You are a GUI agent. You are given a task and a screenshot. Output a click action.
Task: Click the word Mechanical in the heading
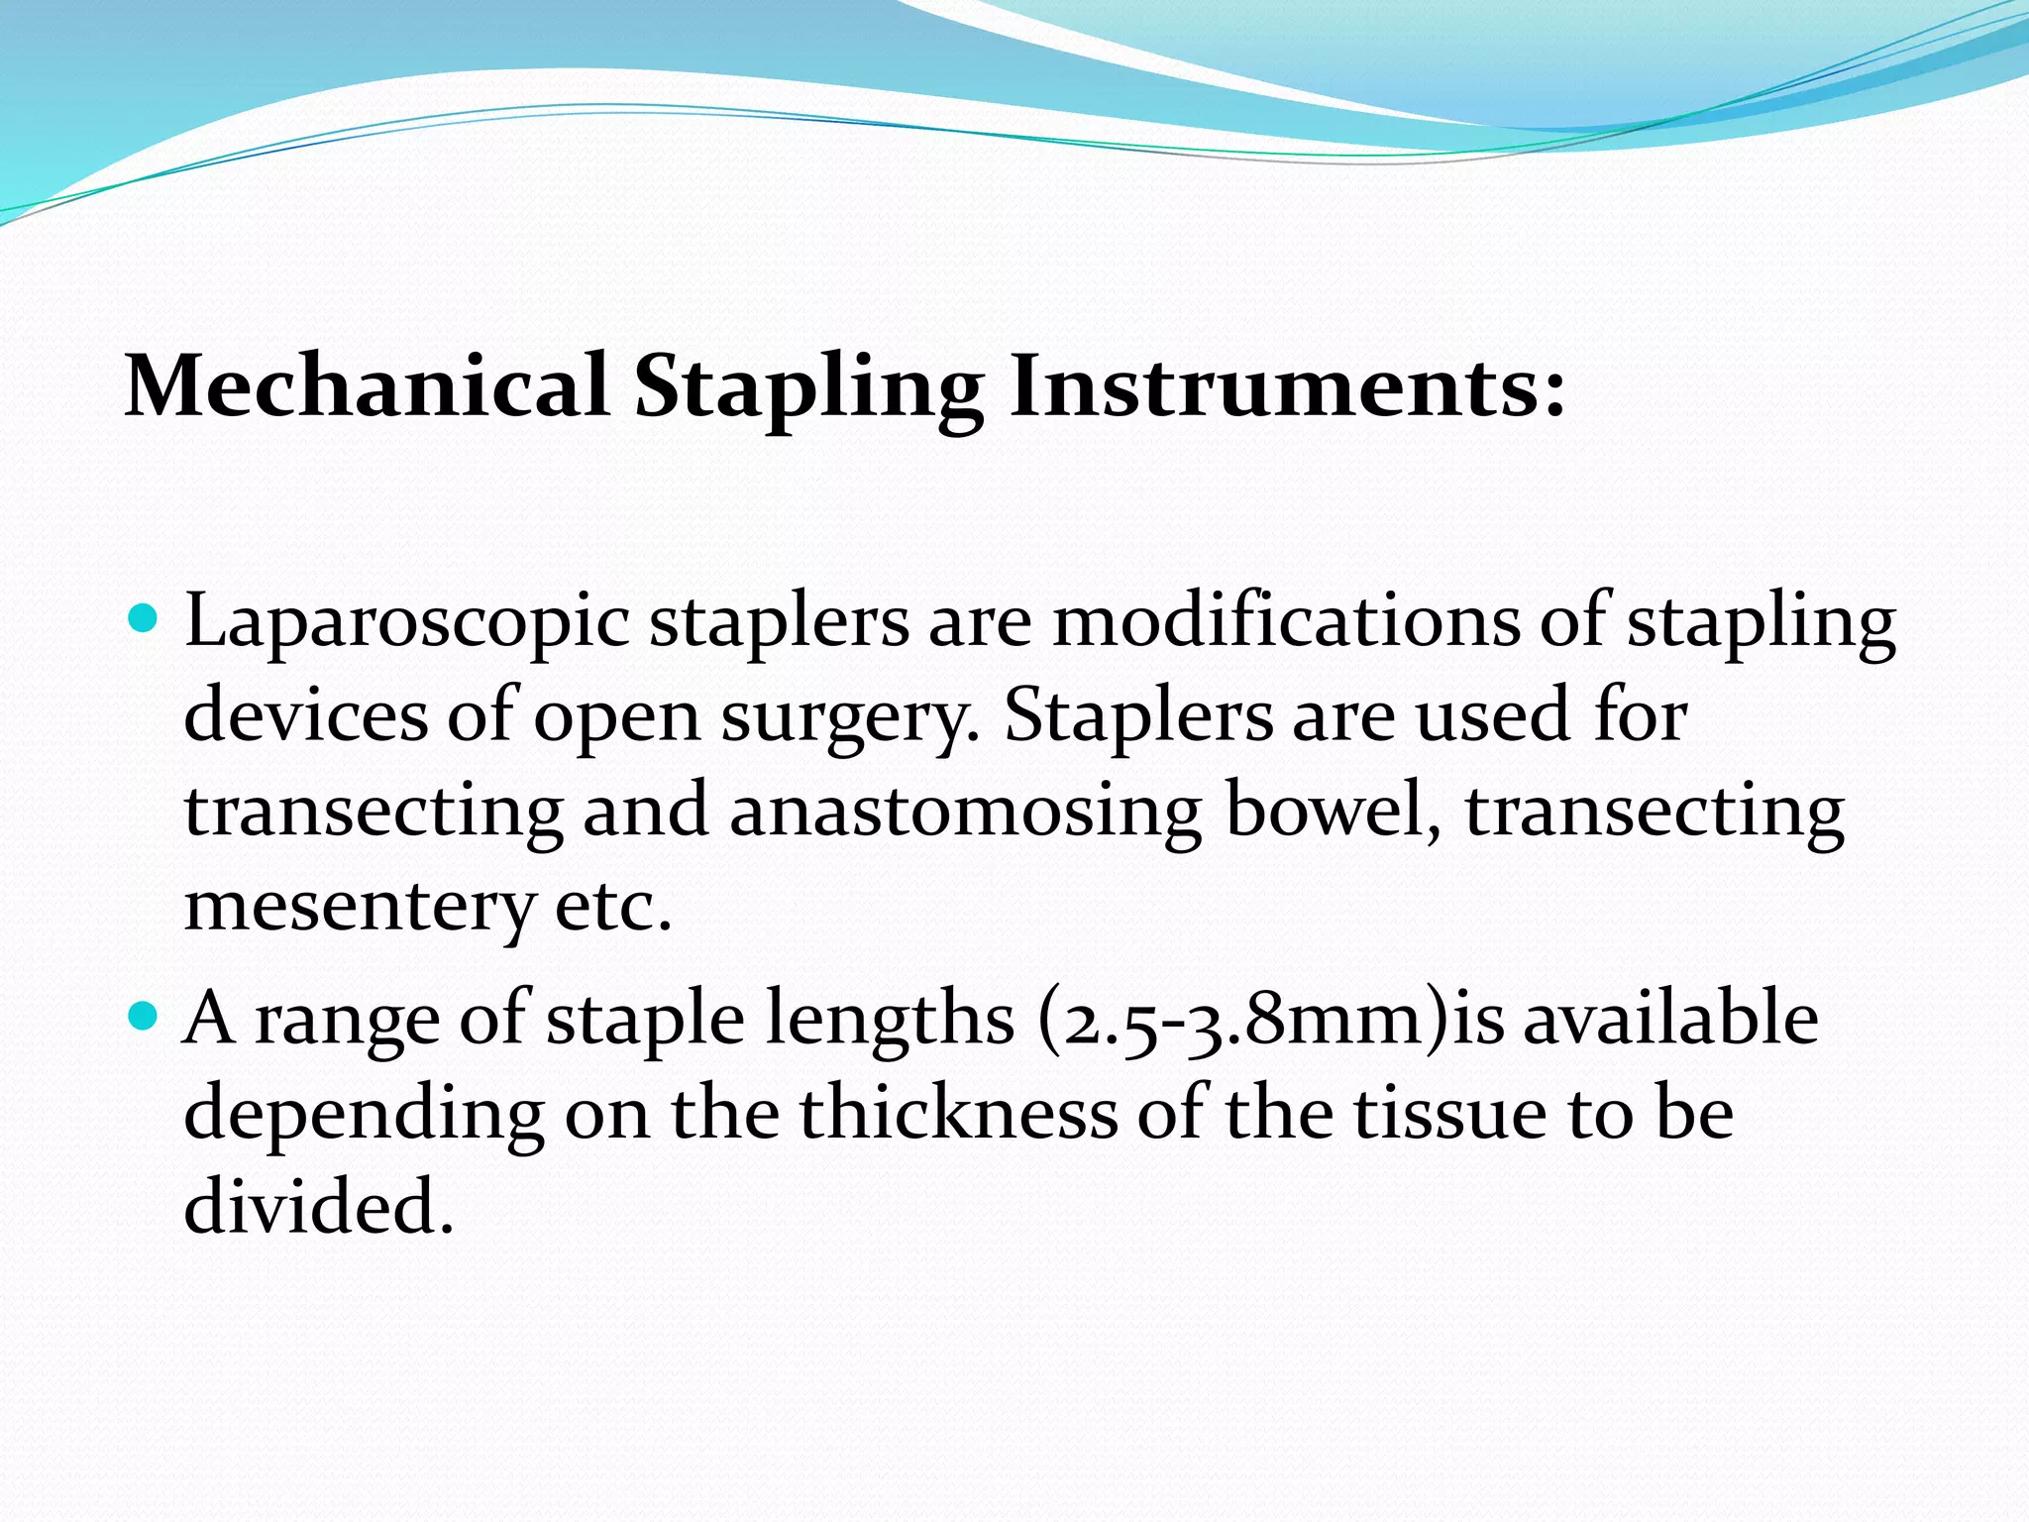[x=367, y=386]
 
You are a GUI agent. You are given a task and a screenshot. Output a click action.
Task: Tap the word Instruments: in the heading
[x=1287, y=386]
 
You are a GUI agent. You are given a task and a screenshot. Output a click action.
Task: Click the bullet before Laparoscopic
[x=145, y=620]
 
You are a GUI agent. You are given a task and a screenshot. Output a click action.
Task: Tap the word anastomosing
[x=966, y=812]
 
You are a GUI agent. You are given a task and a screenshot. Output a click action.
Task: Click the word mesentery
[x=360, y=907]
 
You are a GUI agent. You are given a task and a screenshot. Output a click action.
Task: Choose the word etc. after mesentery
[x=613, y=907]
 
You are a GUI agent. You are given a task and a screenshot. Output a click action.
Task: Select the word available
[x=1670, y=1018]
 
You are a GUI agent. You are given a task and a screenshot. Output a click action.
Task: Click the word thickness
[x=959, y=1113]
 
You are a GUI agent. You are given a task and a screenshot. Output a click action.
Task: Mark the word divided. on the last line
[x=319, y=1207]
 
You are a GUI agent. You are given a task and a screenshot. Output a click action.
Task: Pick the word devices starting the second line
[x=306, y=715]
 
